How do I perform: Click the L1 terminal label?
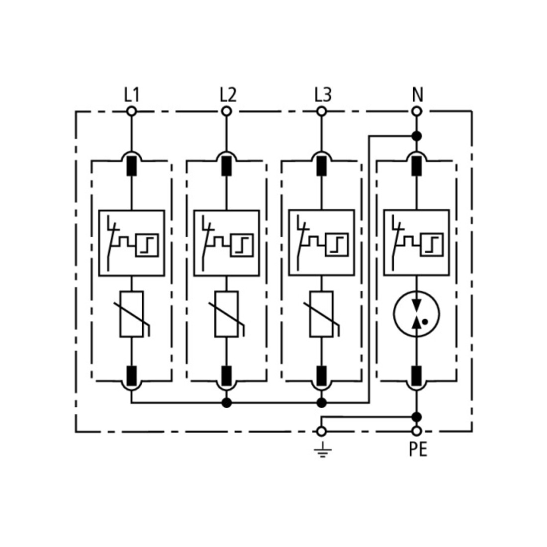(x=131, y=94)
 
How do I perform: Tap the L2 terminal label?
(x=228, y=94)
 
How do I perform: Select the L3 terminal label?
(x=323, y=94)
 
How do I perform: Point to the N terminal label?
(x=417, y=94)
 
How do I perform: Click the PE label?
(x=418, y=450)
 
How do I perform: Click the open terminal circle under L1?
(x=131, y=111)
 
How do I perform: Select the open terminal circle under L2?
(x=226, y=111)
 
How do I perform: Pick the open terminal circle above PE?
(x=417, y=432)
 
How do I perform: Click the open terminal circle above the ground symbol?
(x=322, y=432)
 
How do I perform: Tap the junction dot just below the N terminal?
(x=417, y=136)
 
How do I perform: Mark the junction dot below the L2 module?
(x=226, y=403)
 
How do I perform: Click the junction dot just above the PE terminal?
(x=417, y=417)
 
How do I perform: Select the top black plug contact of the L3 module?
(x=321, y=166)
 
